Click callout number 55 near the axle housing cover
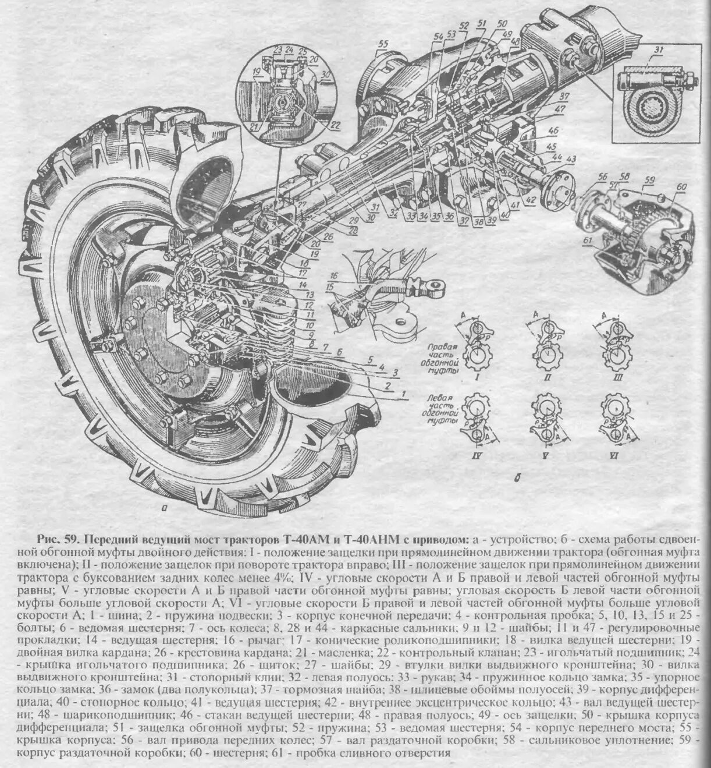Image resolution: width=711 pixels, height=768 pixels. [x=382, y=44]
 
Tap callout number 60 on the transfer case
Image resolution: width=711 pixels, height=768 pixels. [x=681, y=186]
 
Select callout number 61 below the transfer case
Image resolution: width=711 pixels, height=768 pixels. [x=586, y=240]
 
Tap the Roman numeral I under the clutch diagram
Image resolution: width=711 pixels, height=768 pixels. [x=477, y=377]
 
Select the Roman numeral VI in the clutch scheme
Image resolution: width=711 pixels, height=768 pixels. [x=613, y=456]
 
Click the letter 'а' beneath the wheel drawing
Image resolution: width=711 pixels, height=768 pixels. [x=165, y=508]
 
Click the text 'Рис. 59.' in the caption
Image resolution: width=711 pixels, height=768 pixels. [x=57, y=537]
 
